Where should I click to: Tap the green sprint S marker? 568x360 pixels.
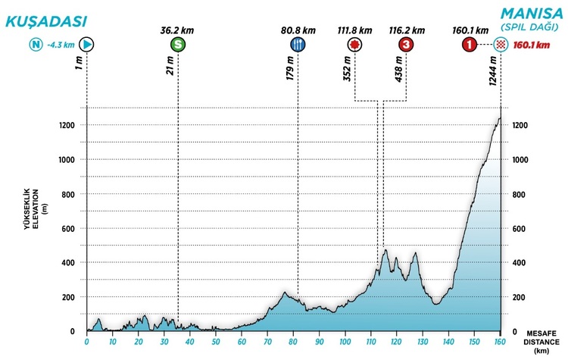point(177,45)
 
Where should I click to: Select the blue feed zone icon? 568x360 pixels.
point(298,45)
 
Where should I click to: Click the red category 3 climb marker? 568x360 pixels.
point(407,45)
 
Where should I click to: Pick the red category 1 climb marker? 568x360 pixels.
point(470,45)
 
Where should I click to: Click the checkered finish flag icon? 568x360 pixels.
point(500,45)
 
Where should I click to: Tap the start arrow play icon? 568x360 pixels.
point(87,45)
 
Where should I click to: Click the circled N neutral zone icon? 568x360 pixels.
point(35,45)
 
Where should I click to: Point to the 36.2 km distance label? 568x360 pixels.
point(177,30)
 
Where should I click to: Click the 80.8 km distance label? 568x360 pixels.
point(298,30)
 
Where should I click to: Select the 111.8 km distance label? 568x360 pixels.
point(354,30)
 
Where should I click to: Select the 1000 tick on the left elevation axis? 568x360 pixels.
point(67,160)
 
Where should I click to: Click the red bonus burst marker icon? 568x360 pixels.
point(354,45)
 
